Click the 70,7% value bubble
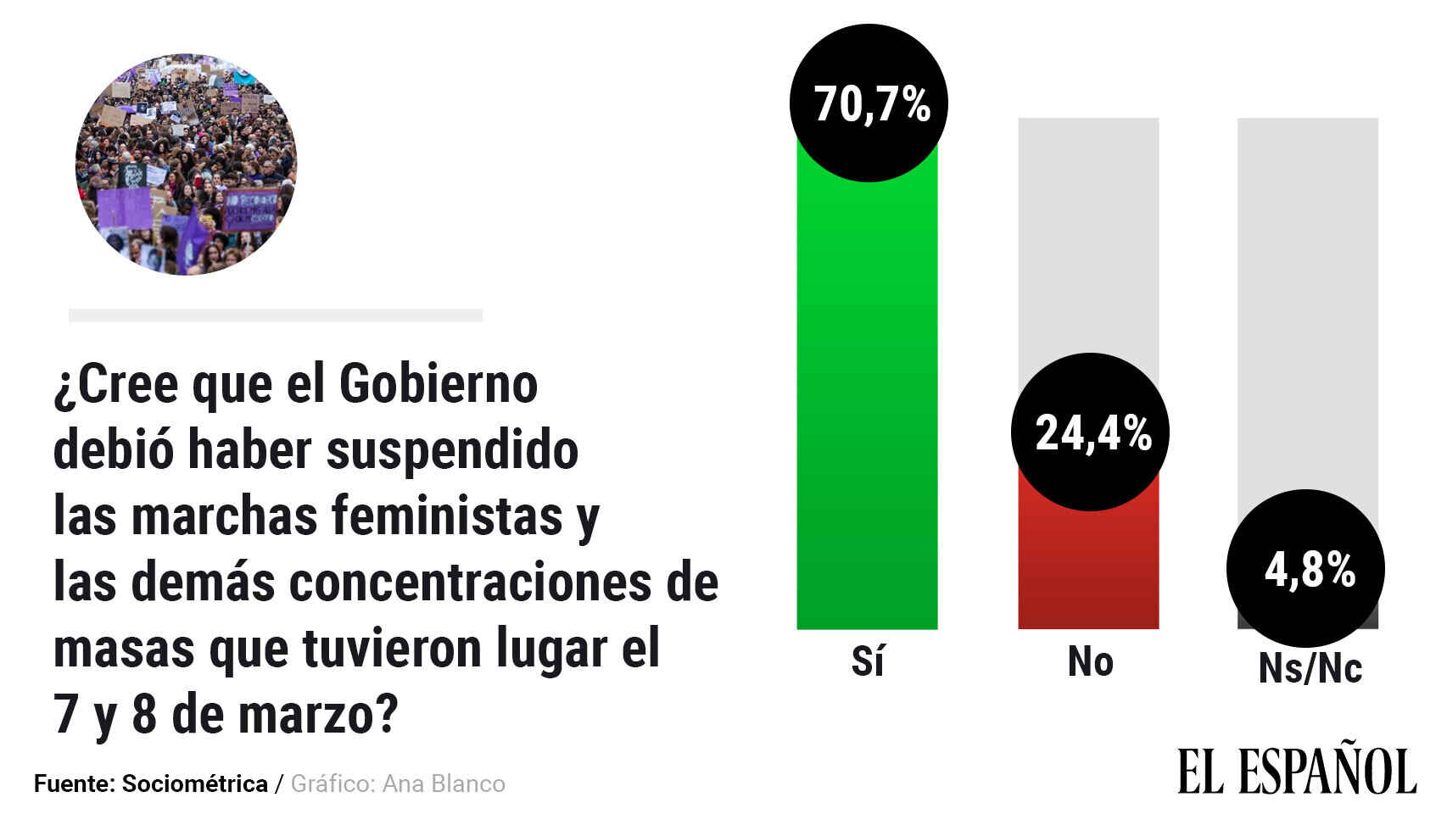[868, 103]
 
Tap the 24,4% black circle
[1090, 432]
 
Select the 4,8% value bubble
[1305, 568]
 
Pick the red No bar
[1088, 568]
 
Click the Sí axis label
[867, 661]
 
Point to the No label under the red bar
[1090, 661]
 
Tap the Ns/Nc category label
[1310, 668]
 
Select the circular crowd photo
[186, 164]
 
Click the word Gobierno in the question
[438, 384]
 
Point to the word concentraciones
[472, 583]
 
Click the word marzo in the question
[307, 715]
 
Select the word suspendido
[452, 449]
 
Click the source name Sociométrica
[195, 783]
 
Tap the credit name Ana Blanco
[444, 783]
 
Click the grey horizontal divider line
[276, 315]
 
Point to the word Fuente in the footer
[73, 783]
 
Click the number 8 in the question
[144, 715]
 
